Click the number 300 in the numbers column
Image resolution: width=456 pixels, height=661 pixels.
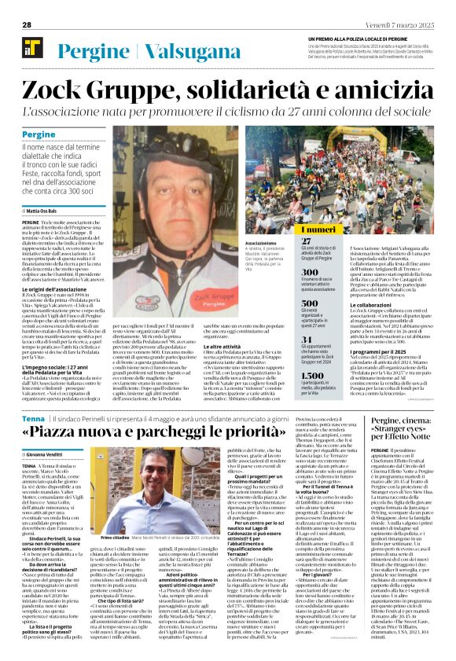tap(311, 271)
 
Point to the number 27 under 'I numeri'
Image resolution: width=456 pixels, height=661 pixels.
tap(307, 242)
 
